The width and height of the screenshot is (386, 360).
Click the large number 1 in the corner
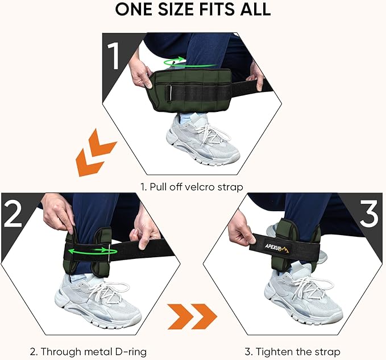pos(115,57)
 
